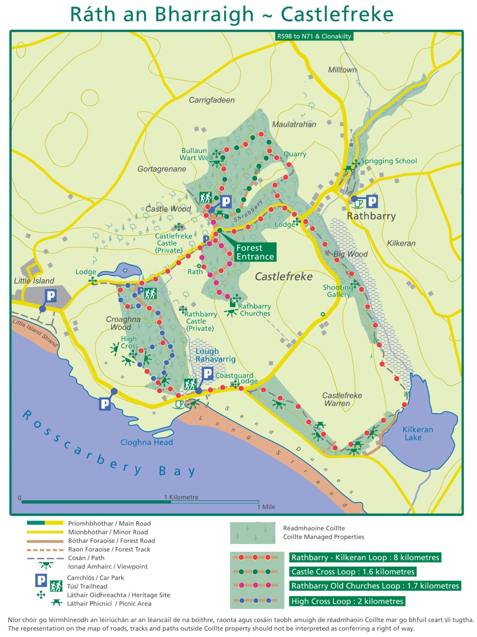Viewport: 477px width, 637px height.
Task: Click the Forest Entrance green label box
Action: click(x=255, y=252)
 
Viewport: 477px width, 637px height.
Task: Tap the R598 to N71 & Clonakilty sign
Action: click(x=314, y=36)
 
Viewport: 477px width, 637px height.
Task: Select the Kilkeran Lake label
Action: click(x=417, y=433)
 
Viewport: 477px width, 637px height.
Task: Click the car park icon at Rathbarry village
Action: click(x=372, y=201)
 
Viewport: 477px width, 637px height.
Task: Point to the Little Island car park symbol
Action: click(x=50, y=296)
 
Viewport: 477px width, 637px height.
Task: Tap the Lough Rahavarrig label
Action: click(x=215, y=355)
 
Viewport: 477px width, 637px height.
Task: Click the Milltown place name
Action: click(x=342, y=70)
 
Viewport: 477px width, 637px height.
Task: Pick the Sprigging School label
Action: click(x=388, y=161)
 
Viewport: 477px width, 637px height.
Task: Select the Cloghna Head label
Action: click(x=146, y=442)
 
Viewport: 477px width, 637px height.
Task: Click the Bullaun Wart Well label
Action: click(x=196, y=154)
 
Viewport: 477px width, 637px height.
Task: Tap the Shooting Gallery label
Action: click(x=338, y=291)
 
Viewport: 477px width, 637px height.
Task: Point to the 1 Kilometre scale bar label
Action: click(x=181, y=497)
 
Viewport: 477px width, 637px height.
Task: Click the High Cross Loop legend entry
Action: click(x=347, y=601)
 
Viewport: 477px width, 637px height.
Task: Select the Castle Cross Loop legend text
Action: click(x=353, y=571)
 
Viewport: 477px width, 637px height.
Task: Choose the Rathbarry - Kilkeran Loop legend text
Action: click(x=365, y=557)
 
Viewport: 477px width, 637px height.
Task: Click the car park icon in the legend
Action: click(x=41, y=580)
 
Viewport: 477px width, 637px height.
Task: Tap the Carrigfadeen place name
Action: click(x=211, y=100)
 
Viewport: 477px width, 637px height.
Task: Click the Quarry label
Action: click(x=295, y=154)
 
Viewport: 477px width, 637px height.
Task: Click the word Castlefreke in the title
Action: click(x=337, y=14)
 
